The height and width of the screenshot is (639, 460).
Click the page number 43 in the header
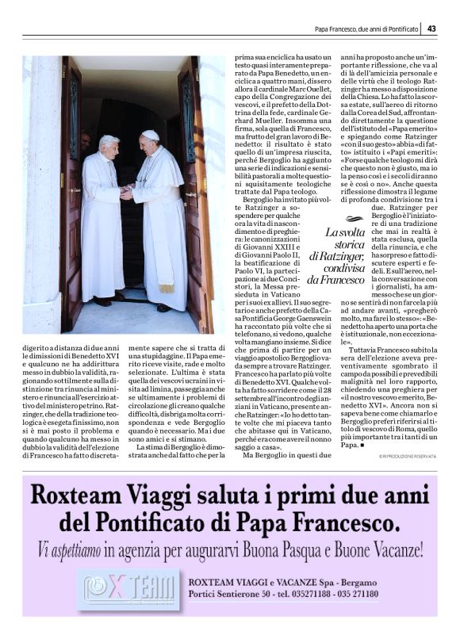[431, 29]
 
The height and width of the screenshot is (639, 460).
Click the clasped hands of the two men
[127, 192]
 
